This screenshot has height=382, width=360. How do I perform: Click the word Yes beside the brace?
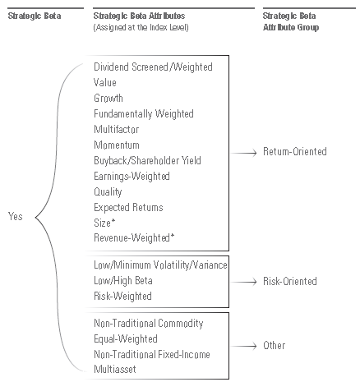(x=16, y=216)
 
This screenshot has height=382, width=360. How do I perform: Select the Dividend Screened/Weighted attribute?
(x=153, y=67)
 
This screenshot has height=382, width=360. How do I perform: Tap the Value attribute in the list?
(x=105, y=82)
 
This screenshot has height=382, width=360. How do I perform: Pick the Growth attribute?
(x=108, y=98)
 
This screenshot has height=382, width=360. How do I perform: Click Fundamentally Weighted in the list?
(x=144, y=114)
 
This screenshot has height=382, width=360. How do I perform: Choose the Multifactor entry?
(x=117, y=129)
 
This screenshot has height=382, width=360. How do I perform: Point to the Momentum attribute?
(x=117, y=145)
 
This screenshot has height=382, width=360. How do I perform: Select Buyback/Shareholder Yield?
(x=147, y=160)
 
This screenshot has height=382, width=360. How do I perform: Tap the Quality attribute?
(x=108, y=191)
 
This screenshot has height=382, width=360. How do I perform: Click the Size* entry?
(x=104, y=223)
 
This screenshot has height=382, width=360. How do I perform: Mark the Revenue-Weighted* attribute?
(x=134, y=237)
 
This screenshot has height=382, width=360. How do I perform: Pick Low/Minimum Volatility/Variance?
(x=160, y=265)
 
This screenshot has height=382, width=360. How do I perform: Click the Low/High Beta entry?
(x=123, y=280)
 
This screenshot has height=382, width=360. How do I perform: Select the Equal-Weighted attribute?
(x=126, y=339)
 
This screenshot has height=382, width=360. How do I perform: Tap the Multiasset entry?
(x=115, y=369)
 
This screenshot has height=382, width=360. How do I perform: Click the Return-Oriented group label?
(x=295, y=151)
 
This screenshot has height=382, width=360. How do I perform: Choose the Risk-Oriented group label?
(x=290, y=281)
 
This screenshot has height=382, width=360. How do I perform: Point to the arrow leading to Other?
(x=243, y=346)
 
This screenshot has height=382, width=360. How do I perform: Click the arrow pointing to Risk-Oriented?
(x=243, y=282)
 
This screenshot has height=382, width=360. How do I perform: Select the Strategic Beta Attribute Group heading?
(x=291, y=21)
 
